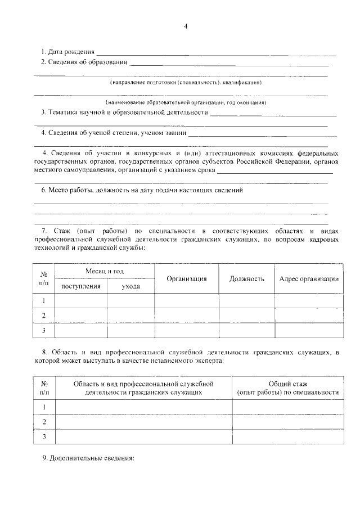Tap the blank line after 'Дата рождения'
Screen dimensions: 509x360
click(x=219, y=54)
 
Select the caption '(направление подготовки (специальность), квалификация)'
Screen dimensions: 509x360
click(x=186, y=82)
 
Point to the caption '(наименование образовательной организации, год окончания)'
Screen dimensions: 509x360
click(x=186, y=102)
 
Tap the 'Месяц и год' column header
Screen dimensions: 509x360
click(x=105, y=271)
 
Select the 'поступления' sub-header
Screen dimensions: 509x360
click(x=81, y=286)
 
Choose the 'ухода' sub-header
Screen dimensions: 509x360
click(x=130, y=286)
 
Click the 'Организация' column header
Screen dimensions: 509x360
click(x=187, y=279)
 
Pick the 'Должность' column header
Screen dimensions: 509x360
click(x=246, y=279)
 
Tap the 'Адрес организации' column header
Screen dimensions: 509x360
click(x=309, y=279)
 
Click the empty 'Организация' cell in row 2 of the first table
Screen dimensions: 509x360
click(x=187, y=315)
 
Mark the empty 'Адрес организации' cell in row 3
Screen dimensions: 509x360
click(x=309, y=330)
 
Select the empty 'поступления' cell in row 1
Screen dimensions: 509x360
click(x=81, y=300)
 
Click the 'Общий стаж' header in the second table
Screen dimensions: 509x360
click(x=287, y=382)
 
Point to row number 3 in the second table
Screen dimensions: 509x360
click(x=44, y=436)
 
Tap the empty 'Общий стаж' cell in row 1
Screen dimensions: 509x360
click(x=287, y=406)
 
